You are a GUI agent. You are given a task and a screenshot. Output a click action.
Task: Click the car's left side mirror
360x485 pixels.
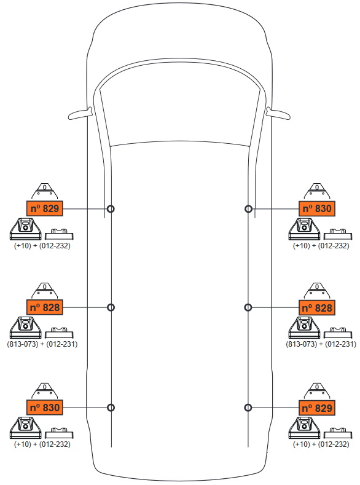click(80, 114)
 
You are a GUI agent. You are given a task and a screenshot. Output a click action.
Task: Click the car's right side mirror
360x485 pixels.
click(278, 114)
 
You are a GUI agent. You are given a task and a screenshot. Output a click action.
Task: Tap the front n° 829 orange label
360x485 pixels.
click(45, 208)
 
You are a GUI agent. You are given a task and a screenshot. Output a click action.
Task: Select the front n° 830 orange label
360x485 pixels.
click(317, 208)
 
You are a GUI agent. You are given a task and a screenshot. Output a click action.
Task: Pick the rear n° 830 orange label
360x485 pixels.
click(45, 408)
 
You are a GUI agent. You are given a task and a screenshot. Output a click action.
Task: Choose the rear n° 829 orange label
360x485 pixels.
click(317, 408)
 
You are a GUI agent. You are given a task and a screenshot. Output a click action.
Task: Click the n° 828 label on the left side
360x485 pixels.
click(45, 307)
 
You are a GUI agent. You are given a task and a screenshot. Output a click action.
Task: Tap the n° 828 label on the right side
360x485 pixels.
click(317, 308)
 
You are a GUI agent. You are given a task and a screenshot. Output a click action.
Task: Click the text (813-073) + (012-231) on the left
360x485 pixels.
click(42, 344)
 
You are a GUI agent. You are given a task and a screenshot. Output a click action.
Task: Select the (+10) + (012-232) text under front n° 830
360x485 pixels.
click(321, 246)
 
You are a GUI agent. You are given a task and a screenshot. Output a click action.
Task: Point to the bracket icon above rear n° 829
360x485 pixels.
click(317, 392)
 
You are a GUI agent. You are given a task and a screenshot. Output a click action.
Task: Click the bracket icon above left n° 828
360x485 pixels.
click(45, 291)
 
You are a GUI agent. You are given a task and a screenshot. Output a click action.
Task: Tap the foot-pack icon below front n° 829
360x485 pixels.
click(25, 229)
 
